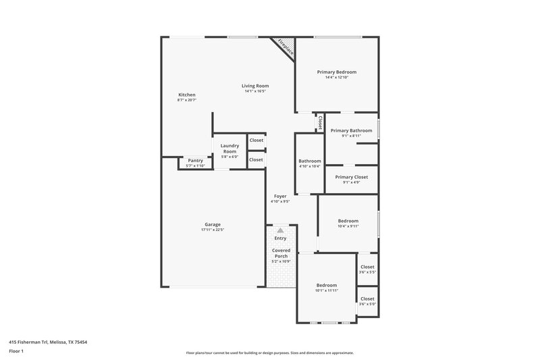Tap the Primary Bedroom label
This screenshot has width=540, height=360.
[x=336, y=72]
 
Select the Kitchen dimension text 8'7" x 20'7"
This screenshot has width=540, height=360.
[x=186, y=100]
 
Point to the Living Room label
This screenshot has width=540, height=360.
[x=256, y=86]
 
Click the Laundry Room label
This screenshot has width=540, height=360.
[x=230, y=149]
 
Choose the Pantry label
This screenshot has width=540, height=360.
[x=195, y=160]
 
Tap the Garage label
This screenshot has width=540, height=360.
[x=213, y=224]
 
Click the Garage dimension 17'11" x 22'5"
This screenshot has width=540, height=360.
[x=213, y=230]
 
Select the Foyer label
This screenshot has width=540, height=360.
[x=280, y=196]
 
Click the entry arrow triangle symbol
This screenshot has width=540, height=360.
[x=280, y=230]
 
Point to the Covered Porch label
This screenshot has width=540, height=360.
[x=280, y=253]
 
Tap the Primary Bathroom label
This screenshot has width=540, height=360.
[x=351, y=130]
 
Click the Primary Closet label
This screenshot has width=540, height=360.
[x=351, y=177]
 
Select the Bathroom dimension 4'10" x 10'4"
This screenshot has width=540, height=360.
[x=310, y=166]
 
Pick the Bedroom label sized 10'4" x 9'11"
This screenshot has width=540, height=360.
[x=348, y=221]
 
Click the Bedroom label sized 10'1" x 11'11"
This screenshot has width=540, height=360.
[x=326, y=285]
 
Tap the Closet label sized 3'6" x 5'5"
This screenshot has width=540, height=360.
[x=367, y=267]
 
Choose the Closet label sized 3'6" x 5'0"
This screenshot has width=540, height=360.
[x=367, y=299]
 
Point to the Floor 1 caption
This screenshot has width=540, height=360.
[x=17, y=352]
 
